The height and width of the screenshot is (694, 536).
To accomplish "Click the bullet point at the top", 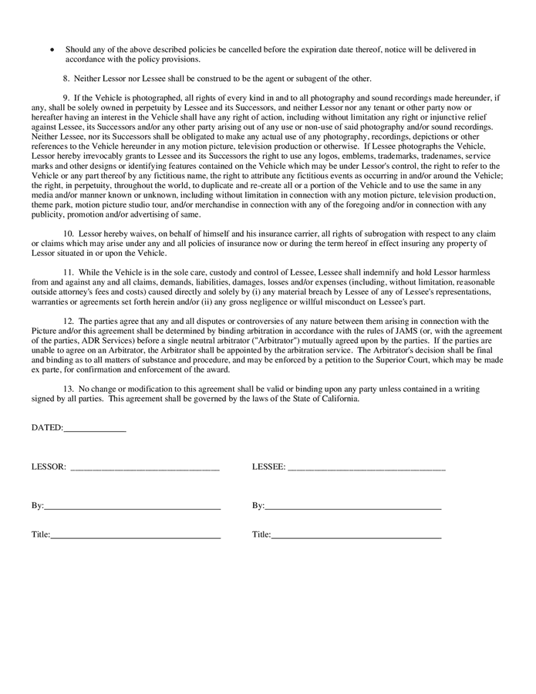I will (x=52, y=49).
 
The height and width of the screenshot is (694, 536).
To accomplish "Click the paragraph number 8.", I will (x=66, y=79).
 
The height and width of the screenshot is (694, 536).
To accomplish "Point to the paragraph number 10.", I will (x=69, y=233).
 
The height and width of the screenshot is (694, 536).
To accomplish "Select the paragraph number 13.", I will (x=69, y=389).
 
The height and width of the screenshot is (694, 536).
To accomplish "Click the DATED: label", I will (x=47, y=428).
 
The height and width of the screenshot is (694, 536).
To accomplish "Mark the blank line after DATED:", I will (x=95, y=429).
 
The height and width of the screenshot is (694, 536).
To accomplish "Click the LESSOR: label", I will (x=49, y=467).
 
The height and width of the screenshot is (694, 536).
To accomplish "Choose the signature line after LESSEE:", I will (x=366, y=468).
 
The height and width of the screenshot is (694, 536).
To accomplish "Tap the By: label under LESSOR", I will (x=38, y=506).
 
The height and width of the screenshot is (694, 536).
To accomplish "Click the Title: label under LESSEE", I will (x=261, y=534).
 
